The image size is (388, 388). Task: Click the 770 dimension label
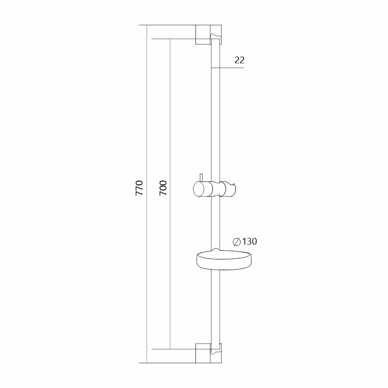[139, 188]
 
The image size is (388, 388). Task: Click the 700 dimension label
[163, 188]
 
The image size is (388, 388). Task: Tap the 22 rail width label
[240, 60]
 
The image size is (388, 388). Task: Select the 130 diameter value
[249, 241]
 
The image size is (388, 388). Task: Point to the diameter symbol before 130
[237, 242]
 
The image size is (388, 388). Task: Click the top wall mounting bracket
[209, 34]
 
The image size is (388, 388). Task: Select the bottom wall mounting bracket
[209, 353]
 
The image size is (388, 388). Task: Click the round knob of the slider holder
[199, 189]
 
